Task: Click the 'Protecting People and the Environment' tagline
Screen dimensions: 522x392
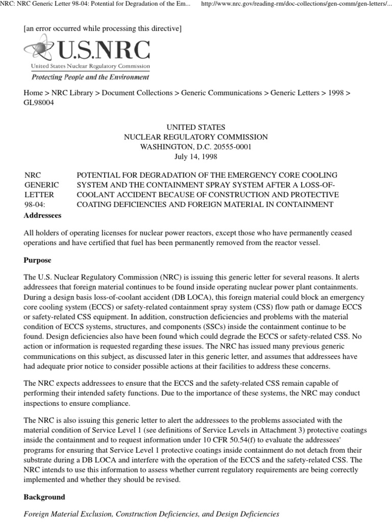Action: point(90,77)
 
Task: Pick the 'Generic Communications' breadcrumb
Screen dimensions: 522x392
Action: point(222,93)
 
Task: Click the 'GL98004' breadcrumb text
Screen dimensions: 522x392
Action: point(39,102)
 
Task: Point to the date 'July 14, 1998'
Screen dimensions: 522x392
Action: point(196,156)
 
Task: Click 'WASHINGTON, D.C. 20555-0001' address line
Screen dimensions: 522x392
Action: point(196,146)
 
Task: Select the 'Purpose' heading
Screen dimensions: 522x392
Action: point(38,260)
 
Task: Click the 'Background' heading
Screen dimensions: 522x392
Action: point(44,497)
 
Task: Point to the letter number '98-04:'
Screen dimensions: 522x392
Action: point(35,204)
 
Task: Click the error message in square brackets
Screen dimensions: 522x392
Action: point(103,29)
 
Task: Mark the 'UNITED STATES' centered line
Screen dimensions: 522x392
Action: point(196,127)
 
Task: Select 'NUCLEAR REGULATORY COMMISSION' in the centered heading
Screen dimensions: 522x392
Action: point(196,137)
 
